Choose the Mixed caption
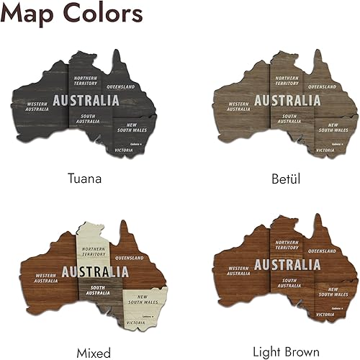pos(94,353)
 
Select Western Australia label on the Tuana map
pos(37,107)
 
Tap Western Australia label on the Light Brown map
pos(238,273)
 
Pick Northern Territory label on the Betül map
pos(287,81)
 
